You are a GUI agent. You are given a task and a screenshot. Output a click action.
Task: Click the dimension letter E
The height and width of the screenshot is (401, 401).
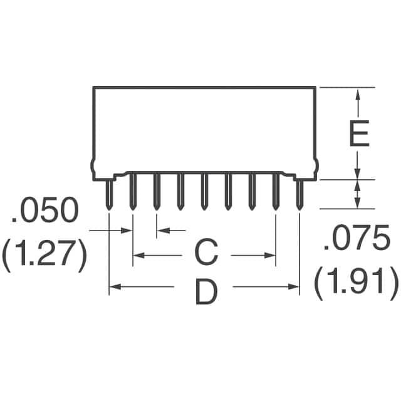point(359,133)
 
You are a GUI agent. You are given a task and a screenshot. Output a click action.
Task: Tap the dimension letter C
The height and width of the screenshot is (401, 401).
point(206,253)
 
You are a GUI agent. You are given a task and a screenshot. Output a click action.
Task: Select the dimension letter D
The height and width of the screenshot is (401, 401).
point(206,292)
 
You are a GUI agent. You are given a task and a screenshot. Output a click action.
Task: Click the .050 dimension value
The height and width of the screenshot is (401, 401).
point(44,210)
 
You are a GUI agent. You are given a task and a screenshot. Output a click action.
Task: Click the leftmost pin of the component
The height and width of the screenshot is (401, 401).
point(109,194)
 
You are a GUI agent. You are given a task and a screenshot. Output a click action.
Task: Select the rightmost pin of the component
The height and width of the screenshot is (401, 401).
point(299,194)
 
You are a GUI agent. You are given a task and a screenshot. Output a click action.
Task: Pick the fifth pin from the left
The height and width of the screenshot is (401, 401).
point(204,191)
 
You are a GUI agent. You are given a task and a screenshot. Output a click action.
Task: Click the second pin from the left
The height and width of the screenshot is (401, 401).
point(133,191)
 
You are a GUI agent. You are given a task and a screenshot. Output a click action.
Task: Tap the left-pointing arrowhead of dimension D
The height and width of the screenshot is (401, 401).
point(115,287)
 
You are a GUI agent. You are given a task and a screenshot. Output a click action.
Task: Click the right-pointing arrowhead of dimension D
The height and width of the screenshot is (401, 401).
point(293,287)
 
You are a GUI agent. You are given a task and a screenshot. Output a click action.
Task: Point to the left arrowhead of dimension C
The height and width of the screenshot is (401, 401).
point(139,255)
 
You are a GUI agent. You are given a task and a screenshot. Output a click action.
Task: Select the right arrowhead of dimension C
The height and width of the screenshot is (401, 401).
point(269,255)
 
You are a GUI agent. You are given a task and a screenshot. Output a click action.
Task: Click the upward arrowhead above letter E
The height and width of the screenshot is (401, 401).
point(358,94)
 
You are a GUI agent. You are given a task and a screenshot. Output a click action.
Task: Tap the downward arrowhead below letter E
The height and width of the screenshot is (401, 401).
point(358,173)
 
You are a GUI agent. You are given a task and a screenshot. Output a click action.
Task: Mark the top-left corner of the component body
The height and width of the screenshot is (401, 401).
point(93,88)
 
